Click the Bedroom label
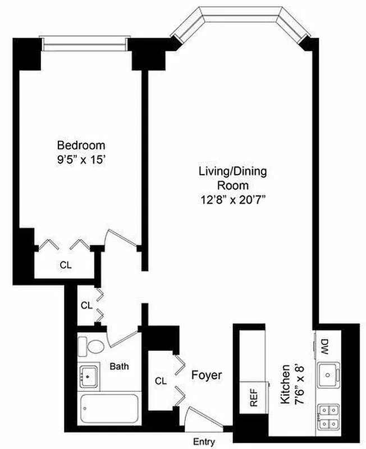81,145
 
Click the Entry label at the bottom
204,442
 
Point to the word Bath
119,366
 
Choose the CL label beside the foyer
161,381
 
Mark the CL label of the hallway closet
86,306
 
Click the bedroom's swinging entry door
123,239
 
